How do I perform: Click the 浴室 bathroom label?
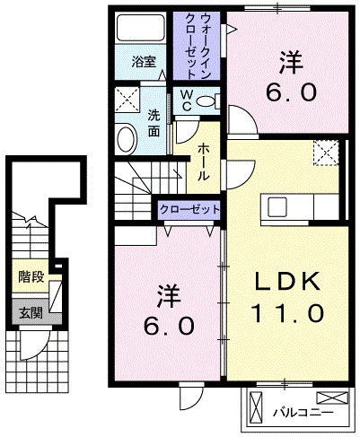point(143,62)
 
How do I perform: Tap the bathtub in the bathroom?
point(141,31)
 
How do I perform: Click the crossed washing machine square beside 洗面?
point(127,98)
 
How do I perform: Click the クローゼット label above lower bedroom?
point(189,208)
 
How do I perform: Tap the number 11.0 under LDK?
point(286,314)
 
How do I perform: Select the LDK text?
point(286,281)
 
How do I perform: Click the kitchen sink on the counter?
point(277,205)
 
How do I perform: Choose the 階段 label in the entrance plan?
point(31,277)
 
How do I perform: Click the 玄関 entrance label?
point(30,314)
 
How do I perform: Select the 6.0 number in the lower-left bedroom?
point(167,325)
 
